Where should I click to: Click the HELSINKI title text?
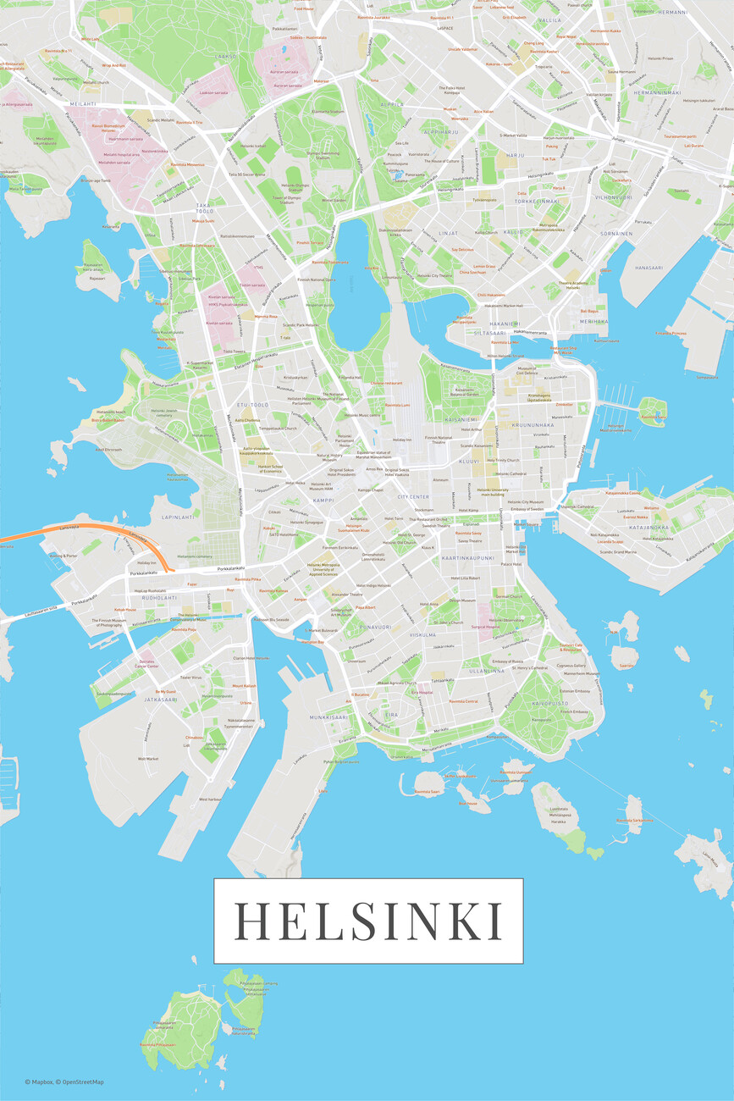point(367,921)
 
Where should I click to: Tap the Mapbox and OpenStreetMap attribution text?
point(64,1082)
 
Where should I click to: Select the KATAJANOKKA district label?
point(649,527)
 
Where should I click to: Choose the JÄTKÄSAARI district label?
point(161,700)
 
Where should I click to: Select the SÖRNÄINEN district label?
point(615,233)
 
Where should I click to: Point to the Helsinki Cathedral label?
point(511,473)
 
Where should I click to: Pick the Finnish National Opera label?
point(316,279)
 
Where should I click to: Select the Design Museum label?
point(463,600)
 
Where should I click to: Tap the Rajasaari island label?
point(97,277)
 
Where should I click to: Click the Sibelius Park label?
point(190,278)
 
